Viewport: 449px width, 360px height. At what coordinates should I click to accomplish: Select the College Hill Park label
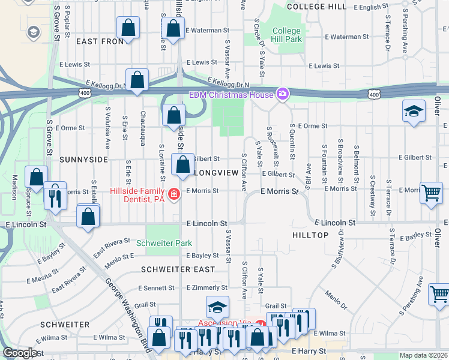286,35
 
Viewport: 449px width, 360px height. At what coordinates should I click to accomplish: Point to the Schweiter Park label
164,243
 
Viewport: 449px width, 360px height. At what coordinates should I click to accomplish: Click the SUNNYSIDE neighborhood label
83,160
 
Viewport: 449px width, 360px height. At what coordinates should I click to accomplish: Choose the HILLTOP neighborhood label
310,235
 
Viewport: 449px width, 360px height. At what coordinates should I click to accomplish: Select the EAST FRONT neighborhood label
100,41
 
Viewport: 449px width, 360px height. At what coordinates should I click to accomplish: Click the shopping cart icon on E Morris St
431,193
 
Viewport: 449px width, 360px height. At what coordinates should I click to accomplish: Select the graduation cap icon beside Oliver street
413,111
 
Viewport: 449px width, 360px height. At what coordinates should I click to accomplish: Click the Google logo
20,353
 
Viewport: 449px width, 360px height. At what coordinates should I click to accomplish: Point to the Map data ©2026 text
423,355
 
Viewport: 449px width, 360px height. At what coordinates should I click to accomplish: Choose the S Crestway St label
372,195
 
